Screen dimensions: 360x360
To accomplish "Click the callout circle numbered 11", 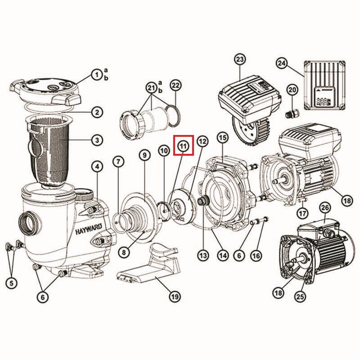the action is [x=184, y=145].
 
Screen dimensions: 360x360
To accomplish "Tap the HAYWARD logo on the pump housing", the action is [x=89, y=229].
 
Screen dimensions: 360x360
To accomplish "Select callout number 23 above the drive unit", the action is [x=240, y=60].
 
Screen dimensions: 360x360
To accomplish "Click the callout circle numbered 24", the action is [x=282, y=63].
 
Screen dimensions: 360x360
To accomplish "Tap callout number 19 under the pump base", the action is [x=175, y=297].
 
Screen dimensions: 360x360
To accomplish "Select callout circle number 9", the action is [x=144, y=155].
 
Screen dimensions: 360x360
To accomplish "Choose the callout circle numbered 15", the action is [x=223, y=138].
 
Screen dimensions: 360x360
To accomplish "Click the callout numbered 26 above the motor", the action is [x=325, y=208].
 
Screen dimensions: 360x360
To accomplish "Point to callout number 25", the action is [x=300, y=297].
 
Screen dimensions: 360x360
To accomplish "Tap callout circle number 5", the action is [x=12, y=283].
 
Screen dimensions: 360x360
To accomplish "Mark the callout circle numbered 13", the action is [x=203, y=255].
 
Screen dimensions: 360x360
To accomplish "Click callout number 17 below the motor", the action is [x=302, y=213].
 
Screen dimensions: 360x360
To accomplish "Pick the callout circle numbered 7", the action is [x=118, y=162].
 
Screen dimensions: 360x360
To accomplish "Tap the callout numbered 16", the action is [x=256, y=255].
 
